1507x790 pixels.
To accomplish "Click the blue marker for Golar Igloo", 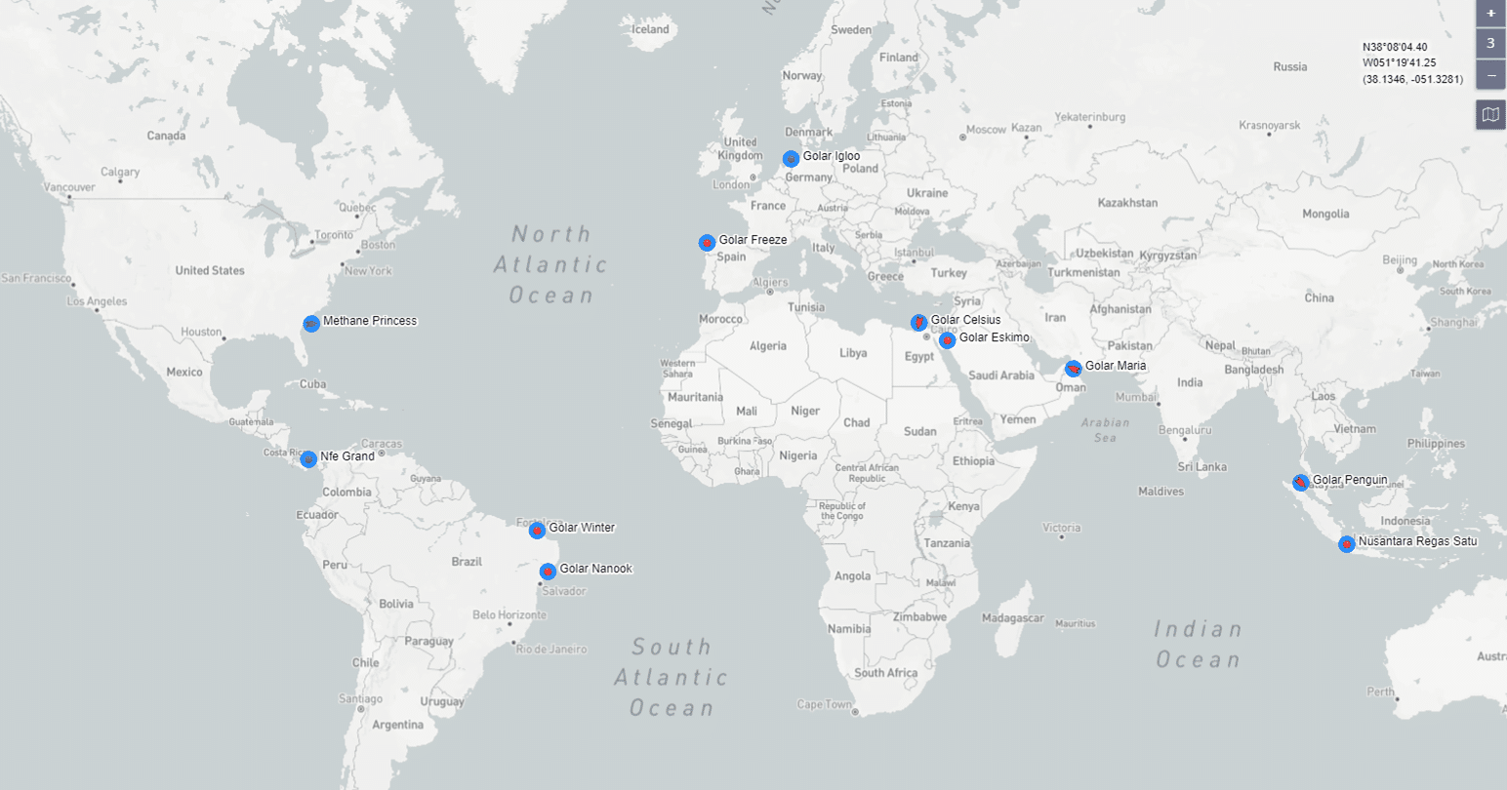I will (791, 158).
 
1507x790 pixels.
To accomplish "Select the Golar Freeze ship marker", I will (707, 242).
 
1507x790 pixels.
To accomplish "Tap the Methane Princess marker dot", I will (310, 323).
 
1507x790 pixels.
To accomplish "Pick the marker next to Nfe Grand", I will (308, 458).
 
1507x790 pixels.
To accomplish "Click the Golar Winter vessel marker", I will (537, 530).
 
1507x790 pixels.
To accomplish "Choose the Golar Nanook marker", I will (548, 571).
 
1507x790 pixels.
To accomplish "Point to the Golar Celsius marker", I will (918, 322).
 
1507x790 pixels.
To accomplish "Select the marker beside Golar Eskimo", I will (947, 339).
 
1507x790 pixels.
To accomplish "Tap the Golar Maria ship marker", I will (1073, 368).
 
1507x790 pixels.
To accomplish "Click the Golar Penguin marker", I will (1300, 482).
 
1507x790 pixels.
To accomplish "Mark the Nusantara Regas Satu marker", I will (1346, 543).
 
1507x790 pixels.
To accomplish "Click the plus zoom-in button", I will (1490, 14).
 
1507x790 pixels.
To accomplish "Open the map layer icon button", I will (1490, 114).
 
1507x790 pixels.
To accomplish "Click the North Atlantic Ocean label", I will (551, 264).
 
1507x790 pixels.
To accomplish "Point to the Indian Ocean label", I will (1198, 644).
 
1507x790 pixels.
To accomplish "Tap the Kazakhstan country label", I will (1127, 203).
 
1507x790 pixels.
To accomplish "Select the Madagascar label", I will (1013, 617).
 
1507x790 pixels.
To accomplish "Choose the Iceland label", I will (651, 29).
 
